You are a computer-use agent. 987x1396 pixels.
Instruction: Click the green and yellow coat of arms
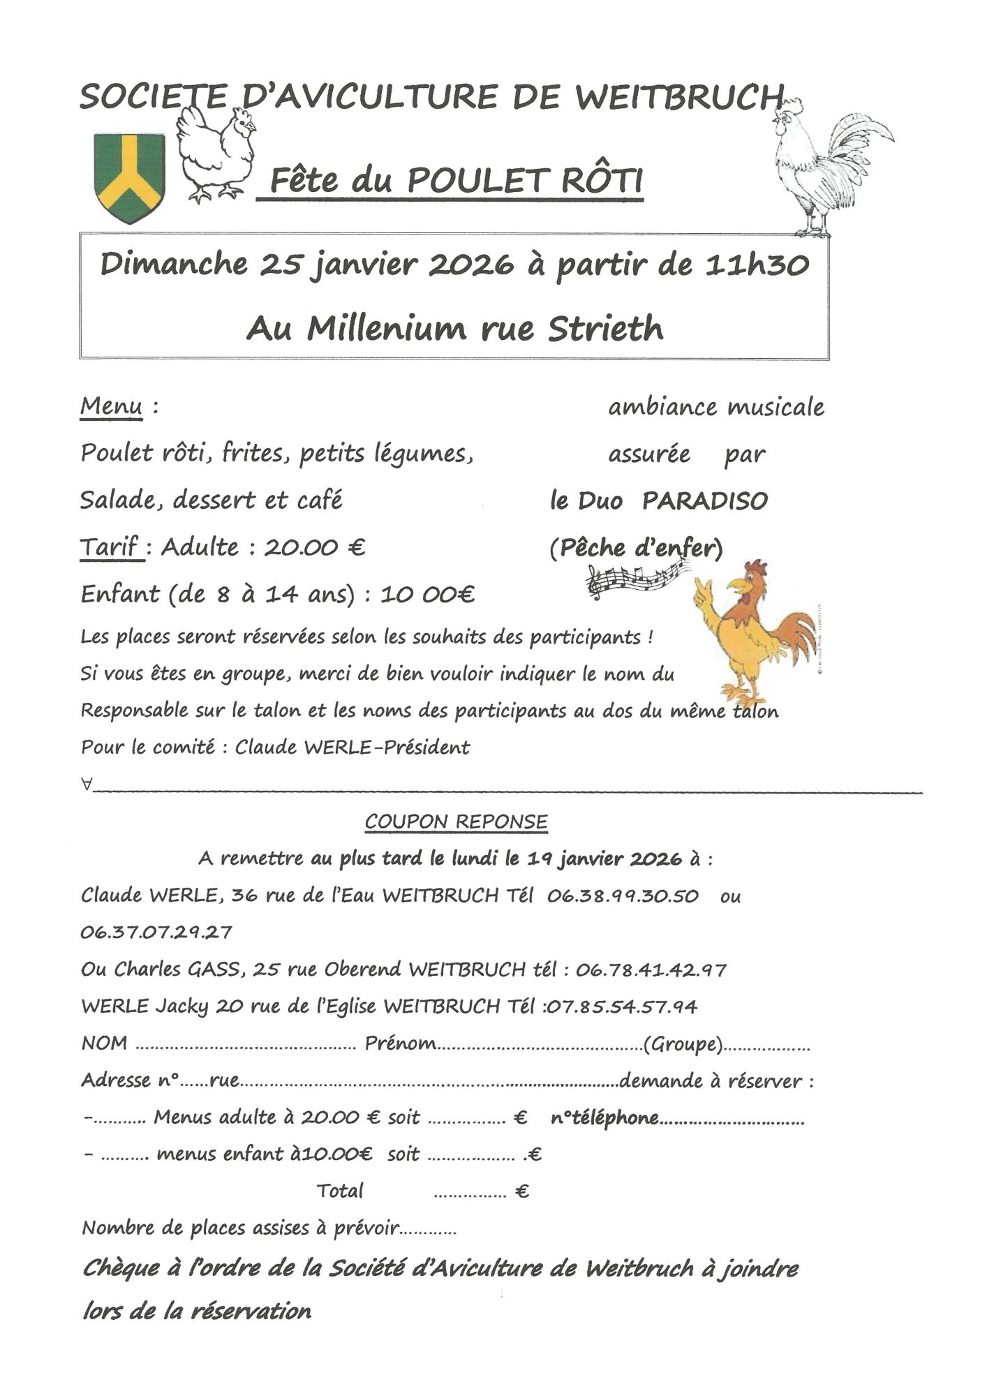tap(130, 177)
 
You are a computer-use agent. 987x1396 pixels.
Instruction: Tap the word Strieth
tap(605, 329)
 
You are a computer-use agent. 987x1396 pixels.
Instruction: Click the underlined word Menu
tap(112, 406)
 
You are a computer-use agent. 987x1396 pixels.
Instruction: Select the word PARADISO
tap(704, 500)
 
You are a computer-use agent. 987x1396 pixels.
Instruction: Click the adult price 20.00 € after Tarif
tap(314, 547)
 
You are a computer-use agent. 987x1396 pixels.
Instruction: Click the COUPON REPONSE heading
tap(456, 822)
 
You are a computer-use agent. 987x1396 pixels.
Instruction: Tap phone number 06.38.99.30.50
tap(623, 896)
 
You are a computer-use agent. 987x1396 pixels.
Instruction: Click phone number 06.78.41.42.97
tap(651, 970)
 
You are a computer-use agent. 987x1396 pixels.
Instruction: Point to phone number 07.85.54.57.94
tap(621, 1007)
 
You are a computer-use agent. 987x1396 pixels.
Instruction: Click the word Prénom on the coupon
tap(400, 1044)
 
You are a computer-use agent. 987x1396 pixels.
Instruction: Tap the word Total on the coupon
tap(340, 1191)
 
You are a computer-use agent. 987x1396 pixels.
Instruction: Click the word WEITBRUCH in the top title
tap(679, 97)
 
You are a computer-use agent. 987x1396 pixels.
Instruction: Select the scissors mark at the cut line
tap(87, 785)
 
